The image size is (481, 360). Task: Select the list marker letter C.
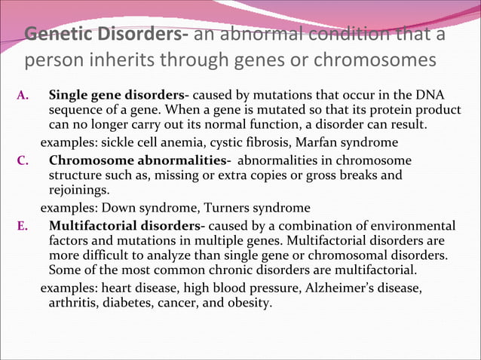click(x=23, y=160)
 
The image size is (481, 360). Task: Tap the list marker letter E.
click(x=23, y=225)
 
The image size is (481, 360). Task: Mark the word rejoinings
click(x=79, y=189)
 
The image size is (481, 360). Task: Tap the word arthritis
click(x=70, y=303)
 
